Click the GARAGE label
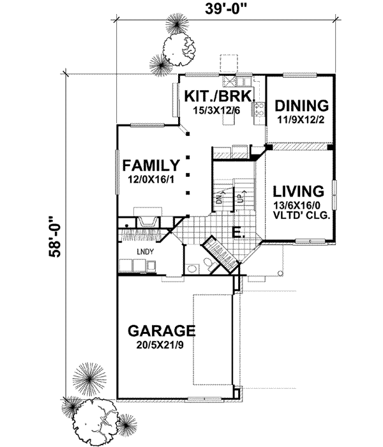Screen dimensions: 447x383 [160, 331]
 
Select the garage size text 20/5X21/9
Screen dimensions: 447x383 [160, 345]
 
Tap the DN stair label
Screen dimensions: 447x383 [218, 198]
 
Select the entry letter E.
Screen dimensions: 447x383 [236, 232]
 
